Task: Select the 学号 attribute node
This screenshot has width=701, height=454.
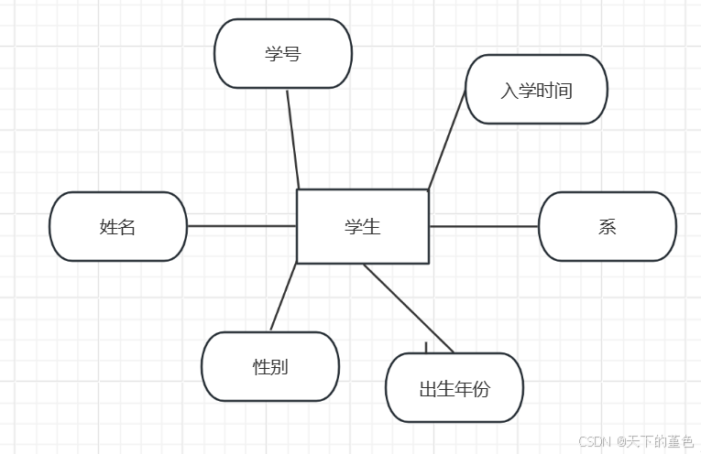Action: [283, 54]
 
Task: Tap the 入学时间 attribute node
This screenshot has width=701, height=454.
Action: [536, 90]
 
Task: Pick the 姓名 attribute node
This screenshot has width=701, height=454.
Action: [117, 227]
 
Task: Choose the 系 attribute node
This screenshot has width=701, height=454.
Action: [607, 227]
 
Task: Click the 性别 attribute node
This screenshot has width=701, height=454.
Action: [270, 367]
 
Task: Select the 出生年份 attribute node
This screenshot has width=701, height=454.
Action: [455, 388]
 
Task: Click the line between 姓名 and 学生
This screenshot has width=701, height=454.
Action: [242, 226]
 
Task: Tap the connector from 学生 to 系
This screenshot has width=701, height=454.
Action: [484, 226]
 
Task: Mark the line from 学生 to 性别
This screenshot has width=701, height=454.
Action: [284, 297]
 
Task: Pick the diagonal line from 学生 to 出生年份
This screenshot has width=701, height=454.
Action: [409, 308]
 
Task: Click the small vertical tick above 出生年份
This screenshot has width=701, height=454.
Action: [426, 347]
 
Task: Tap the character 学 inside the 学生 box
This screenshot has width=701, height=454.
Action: [354, 227]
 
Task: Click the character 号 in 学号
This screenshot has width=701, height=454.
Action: [292, 54]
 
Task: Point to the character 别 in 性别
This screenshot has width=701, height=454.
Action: [279, 367]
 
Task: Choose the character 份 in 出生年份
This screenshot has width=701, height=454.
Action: [482, 388]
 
